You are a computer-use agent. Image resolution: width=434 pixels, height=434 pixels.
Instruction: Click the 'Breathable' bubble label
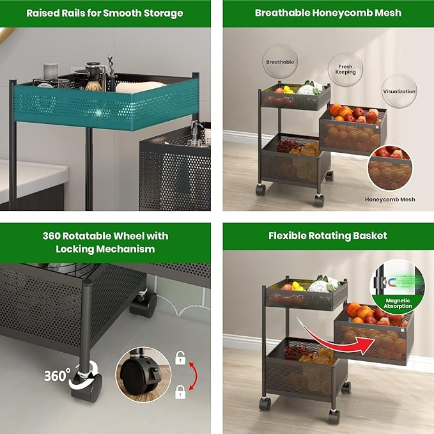pos(280,62)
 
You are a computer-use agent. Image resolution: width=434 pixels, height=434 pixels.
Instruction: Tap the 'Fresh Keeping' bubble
pos(345,69)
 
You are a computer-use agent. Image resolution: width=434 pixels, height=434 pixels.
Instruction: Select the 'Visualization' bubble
pos(399,91)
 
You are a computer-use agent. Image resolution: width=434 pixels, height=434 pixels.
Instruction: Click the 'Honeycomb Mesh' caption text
pos(390,199)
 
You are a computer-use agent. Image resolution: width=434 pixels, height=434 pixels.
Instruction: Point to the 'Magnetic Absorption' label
pos(398,304)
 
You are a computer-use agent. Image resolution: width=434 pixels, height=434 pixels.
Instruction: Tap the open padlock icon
pos(180,358)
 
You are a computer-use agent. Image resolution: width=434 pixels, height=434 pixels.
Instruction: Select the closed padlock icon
pos(180,392)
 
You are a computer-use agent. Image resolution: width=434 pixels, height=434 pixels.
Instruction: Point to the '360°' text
pos(58,376)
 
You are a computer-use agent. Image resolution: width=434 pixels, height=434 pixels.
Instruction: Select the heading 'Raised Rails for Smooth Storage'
pos(105,13)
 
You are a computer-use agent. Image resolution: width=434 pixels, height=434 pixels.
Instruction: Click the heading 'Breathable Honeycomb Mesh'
pos(329,13)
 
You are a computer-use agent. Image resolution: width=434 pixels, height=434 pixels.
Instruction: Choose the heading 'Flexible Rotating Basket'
pos(328,236)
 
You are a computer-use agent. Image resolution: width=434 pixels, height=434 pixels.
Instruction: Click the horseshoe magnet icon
pos(392,283)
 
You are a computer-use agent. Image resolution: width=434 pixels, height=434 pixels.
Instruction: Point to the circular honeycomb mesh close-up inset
pos(389,168)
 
